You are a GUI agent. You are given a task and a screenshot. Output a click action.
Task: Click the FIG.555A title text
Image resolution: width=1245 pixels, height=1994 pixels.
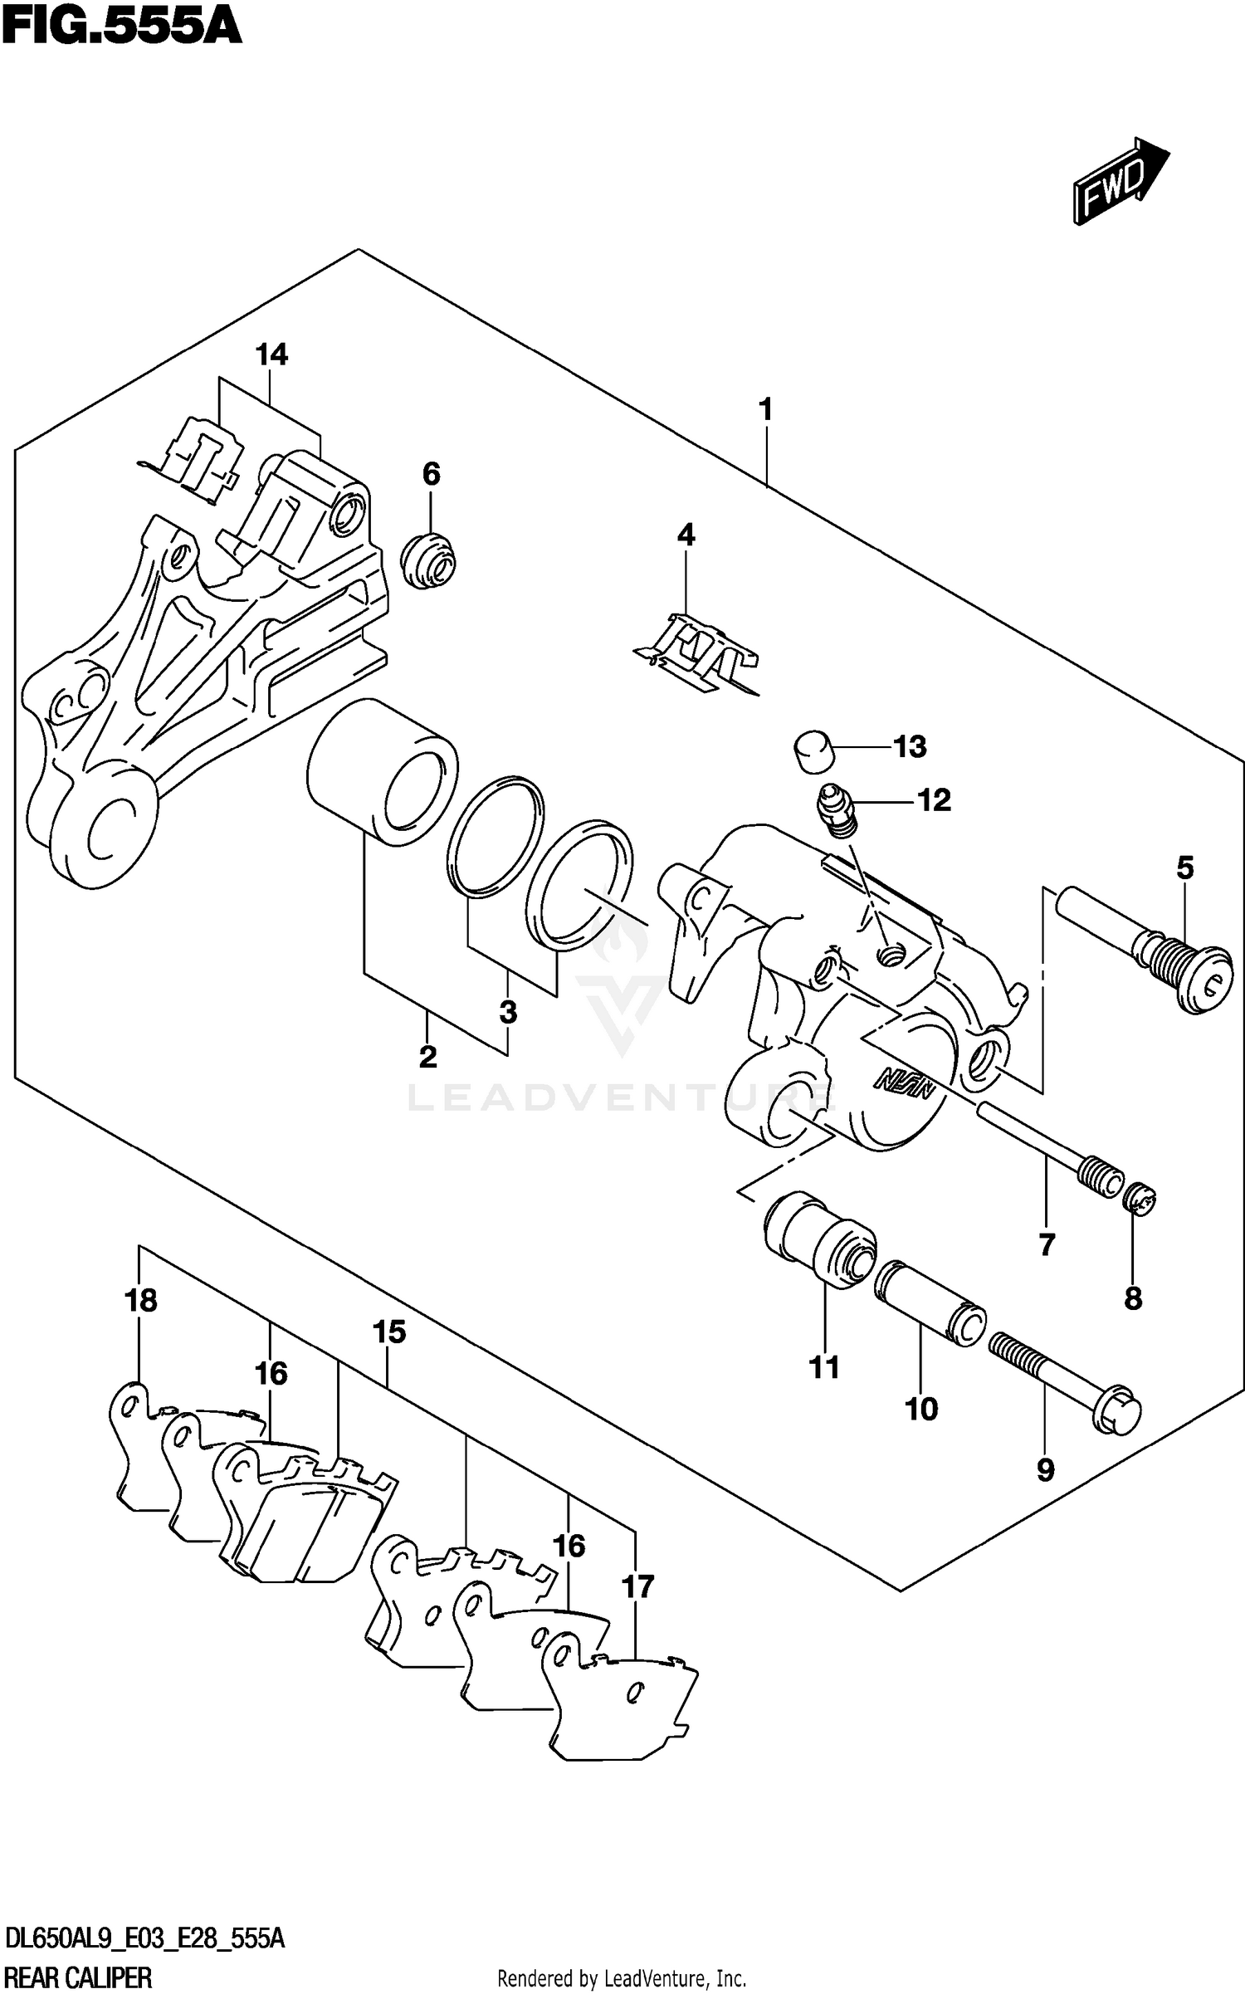(121, 27)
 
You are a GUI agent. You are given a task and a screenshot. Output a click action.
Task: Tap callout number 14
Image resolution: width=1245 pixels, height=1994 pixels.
(271, 355)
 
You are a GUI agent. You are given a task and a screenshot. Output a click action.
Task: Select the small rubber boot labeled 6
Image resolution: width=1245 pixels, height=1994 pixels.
(429, 561)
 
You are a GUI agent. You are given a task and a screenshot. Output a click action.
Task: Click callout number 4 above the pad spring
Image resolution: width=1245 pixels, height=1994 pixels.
(686, 535)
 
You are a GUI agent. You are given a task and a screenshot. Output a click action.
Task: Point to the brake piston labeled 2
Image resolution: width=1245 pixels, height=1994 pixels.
(382, 772)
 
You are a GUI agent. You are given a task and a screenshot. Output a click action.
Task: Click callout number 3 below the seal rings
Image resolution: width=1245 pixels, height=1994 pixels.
(508, 1012)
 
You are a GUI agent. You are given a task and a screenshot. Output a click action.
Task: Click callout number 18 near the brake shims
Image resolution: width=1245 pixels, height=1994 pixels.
(141, 1300)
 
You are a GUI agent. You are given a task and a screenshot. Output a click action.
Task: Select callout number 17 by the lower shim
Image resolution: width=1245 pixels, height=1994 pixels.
(638, 1586)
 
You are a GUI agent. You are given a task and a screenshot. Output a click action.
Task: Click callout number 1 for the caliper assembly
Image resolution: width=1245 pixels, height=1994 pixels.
(765, 409)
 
